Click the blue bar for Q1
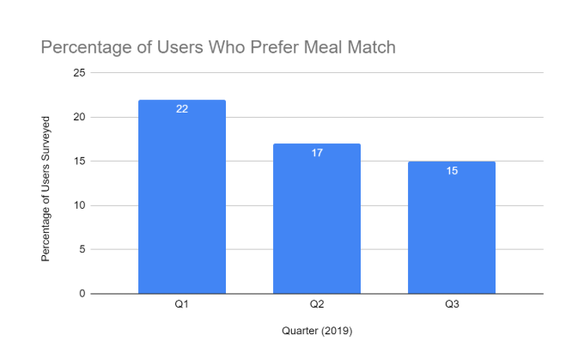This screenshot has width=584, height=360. [x=182, y=198]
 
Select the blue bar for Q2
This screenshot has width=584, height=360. [x=317, y=219]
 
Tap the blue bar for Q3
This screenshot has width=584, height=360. [x=452, y=228]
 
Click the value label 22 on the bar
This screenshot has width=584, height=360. [x=182, y=109]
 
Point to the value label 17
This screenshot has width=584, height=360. [x=317, y=153]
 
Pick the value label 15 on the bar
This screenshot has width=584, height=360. [x=452, y=171]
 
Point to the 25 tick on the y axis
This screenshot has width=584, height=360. [x=80, y=73]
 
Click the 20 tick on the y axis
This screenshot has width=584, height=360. [x=80, y=117]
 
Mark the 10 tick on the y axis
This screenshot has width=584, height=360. [x=80, y=205]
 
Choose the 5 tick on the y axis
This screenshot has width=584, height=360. [x=82, y=249]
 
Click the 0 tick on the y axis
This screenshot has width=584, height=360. [x=82, y=294]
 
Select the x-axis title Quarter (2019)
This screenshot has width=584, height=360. [x=317, y=331]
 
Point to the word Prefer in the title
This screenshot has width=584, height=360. [x=258, y=47]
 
